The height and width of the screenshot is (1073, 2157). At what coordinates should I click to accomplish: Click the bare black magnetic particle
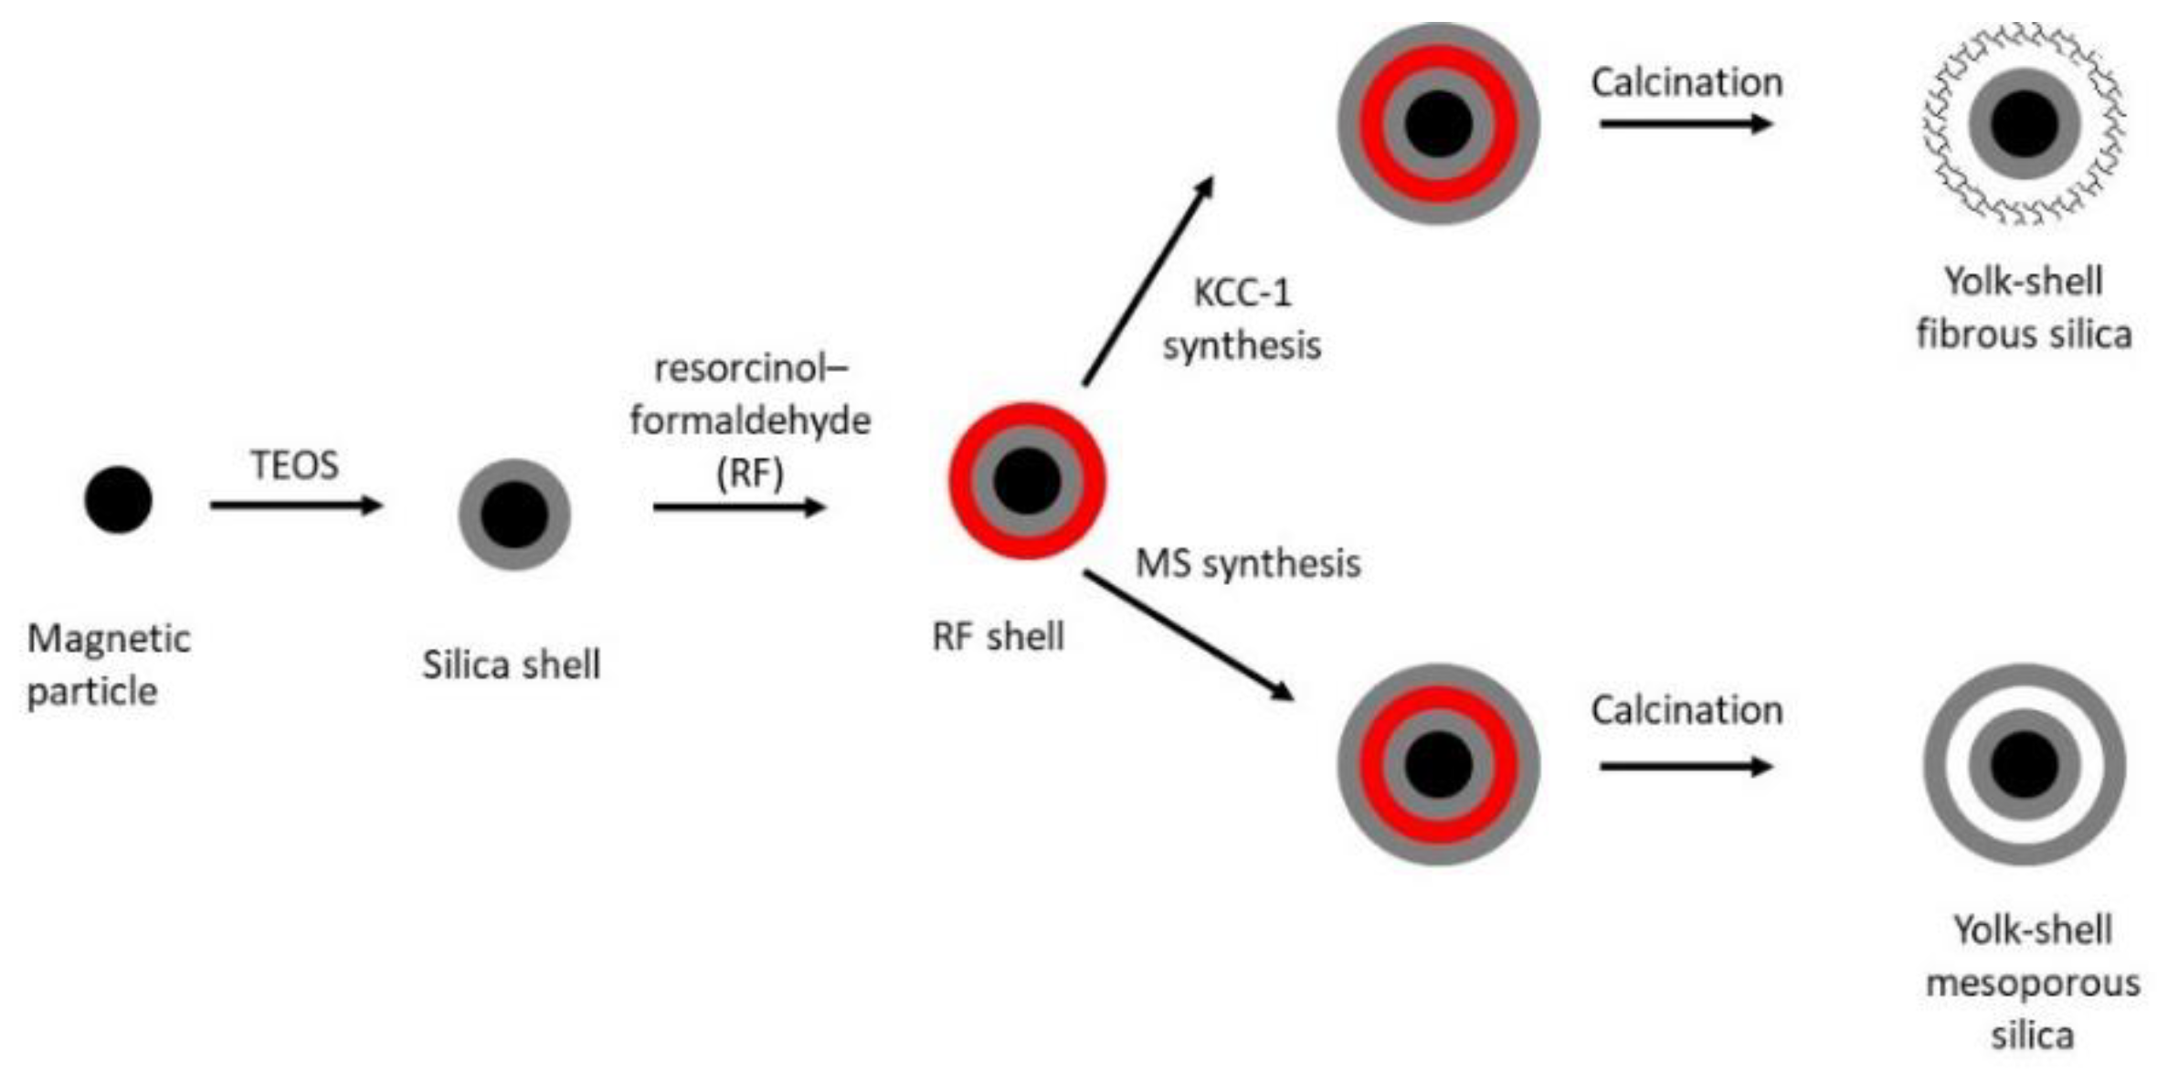pyautogui.click(x=118, y=499)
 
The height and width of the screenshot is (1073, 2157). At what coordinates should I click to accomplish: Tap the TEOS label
pyautogui.click(x=294, y=465)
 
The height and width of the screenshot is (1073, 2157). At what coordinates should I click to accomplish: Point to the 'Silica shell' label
pyautogui.click(x=511, y=664)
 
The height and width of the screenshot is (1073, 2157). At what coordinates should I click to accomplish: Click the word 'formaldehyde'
pyautogui.click(x=749, y=420)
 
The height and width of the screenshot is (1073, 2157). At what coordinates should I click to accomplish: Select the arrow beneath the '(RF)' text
pyautogui.click(x=738, y=507)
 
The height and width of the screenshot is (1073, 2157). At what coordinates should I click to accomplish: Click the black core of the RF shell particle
pyautogui.click(x=1027, y=481)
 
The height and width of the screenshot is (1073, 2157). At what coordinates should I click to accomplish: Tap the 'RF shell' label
pyautogui.click(x=998, y=636)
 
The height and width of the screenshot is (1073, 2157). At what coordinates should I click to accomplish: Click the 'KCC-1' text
pyautogui.click(x=1242, y=293)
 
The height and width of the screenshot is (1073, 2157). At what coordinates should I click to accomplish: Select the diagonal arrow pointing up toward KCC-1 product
pyautogui.click(x=1148, y=280)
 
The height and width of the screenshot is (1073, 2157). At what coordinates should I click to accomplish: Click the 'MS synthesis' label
pyautogui.click(x=1247, y=563)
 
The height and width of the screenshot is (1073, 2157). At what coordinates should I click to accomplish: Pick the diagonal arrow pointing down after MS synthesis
pyautogui.click(x=1188, y=635)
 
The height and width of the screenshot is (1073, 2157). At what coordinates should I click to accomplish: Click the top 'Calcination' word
pyautogui.click(x=1686, y=82)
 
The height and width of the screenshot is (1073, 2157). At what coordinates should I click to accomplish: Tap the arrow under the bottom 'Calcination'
pyautogui.click(x=1686, y=766)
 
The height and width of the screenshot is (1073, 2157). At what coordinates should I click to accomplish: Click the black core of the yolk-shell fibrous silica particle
pyautogui.click(x=2024, y=123)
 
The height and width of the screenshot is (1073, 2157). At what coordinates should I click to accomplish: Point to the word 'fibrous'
pyautogui.click(x=1977, y=334)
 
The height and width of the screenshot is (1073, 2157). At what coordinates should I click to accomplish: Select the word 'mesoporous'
pyautogui.click(x=2032, y=983)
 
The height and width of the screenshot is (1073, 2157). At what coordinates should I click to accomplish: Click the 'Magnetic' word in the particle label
pyautogui.click(x=109, y=638)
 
